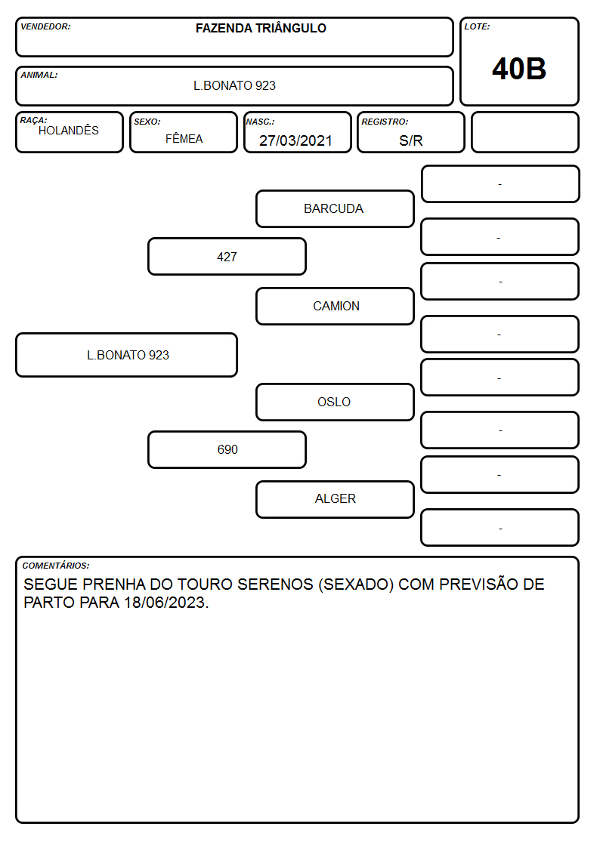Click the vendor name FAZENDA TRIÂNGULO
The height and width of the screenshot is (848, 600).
click(x=261, y=28)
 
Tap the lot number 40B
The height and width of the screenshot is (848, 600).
click(x=519, y=69)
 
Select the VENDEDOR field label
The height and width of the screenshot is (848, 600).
click(x=45, y=26)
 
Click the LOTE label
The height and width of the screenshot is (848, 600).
click(x=477, y=26)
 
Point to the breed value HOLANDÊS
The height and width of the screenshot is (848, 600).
click(x=69, y=131)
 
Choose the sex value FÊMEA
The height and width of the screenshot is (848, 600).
click(x=184, y=139)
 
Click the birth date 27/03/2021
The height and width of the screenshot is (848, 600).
click(x=295, y=140)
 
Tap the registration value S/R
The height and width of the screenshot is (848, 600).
click(x=410, y=140)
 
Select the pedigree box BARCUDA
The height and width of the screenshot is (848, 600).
click(x=335, y=208)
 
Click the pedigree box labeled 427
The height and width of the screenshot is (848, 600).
click(x=227, y=257)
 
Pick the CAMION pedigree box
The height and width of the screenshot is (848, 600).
click(x=335, y=306)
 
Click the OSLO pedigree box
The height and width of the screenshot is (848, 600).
click(x=335, y=402)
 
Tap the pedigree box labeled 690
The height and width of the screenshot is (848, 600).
click(x=227, y=450)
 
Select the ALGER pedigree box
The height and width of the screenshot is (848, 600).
click(x=335, y=499)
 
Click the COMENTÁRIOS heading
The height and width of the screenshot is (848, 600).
click(x=56, y=566)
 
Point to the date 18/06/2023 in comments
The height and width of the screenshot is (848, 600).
click(x=165, y=603)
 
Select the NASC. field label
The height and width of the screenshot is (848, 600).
click(x=260, y=122)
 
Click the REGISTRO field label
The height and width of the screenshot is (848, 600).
click(x=385, y=122)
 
